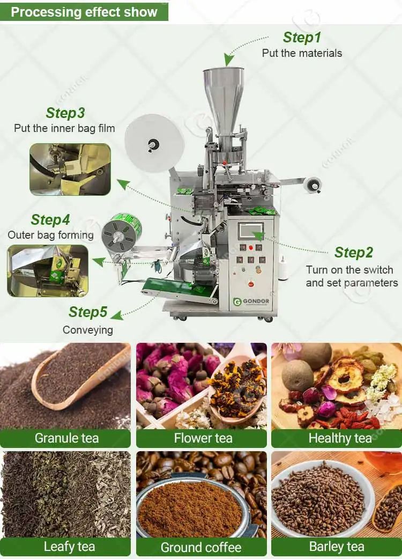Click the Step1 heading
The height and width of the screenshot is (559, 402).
(302, 38)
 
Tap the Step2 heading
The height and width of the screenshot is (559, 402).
(353, 252)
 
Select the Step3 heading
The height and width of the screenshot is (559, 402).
(65, 113)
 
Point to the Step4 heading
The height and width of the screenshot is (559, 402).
(50, 220)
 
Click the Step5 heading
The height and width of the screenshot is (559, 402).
(88, 312)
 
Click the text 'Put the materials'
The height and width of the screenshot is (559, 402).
(302, 53)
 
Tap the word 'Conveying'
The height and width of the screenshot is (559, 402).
(87, 330)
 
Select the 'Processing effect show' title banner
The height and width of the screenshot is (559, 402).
(84, 12)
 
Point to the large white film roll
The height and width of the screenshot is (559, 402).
(154, 143)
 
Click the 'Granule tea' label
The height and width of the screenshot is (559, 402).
(66, 438)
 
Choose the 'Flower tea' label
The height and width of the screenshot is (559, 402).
(203, 438)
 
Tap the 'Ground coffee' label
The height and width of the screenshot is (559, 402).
(201, 547)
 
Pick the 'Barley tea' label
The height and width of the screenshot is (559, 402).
(337, 547)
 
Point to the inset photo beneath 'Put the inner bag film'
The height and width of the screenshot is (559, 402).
(70, 169)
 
